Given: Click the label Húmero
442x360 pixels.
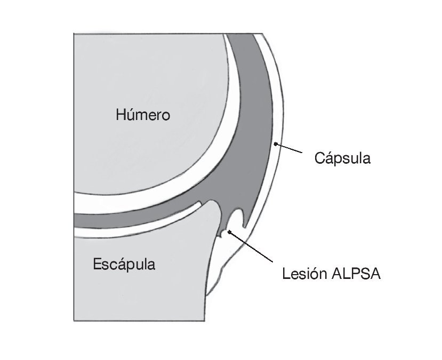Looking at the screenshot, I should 143,114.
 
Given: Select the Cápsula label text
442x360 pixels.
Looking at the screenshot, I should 342,158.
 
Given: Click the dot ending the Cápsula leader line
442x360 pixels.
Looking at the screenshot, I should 275,143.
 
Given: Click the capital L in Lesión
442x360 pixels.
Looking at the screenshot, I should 286,274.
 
